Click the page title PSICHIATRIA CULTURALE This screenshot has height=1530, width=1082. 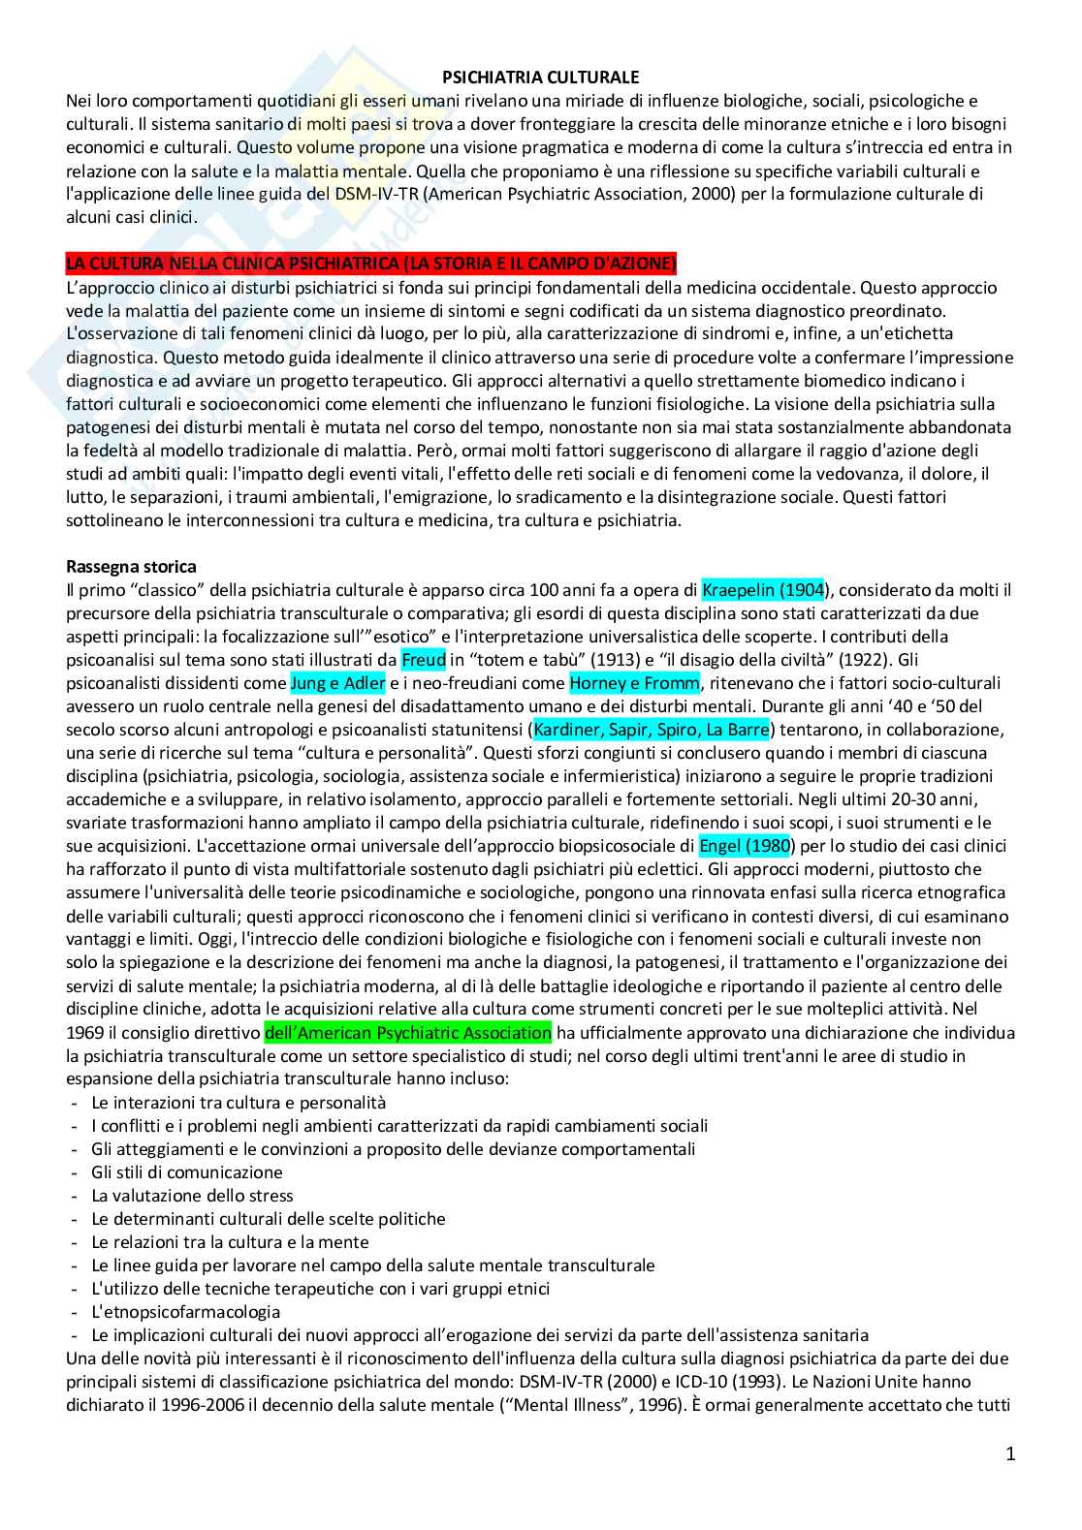click(541, 77)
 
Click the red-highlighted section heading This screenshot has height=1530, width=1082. click(371, 264)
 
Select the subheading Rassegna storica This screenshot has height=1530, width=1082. click(131, 567)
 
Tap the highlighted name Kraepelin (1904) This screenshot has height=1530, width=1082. click(763, 590)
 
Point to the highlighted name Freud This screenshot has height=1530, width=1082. click(423, 660)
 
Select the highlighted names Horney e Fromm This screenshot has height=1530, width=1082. click(634, 683)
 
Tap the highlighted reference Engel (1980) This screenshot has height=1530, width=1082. click(745, 846)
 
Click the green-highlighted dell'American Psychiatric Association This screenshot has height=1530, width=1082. click(407, 1033)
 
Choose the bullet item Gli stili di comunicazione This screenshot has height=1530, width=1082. click(187, 1172)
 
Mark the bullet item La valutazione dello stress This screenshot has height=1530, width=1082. click(192, 1196)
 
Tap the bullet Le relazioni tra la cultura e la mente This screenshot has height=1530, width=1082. click(230, 1242)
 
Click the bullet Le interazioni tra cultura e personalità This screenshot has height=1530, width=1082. click(239, 1103)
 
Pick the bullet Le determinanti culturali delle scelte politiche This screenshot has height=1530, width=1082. click(269, 1219)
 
